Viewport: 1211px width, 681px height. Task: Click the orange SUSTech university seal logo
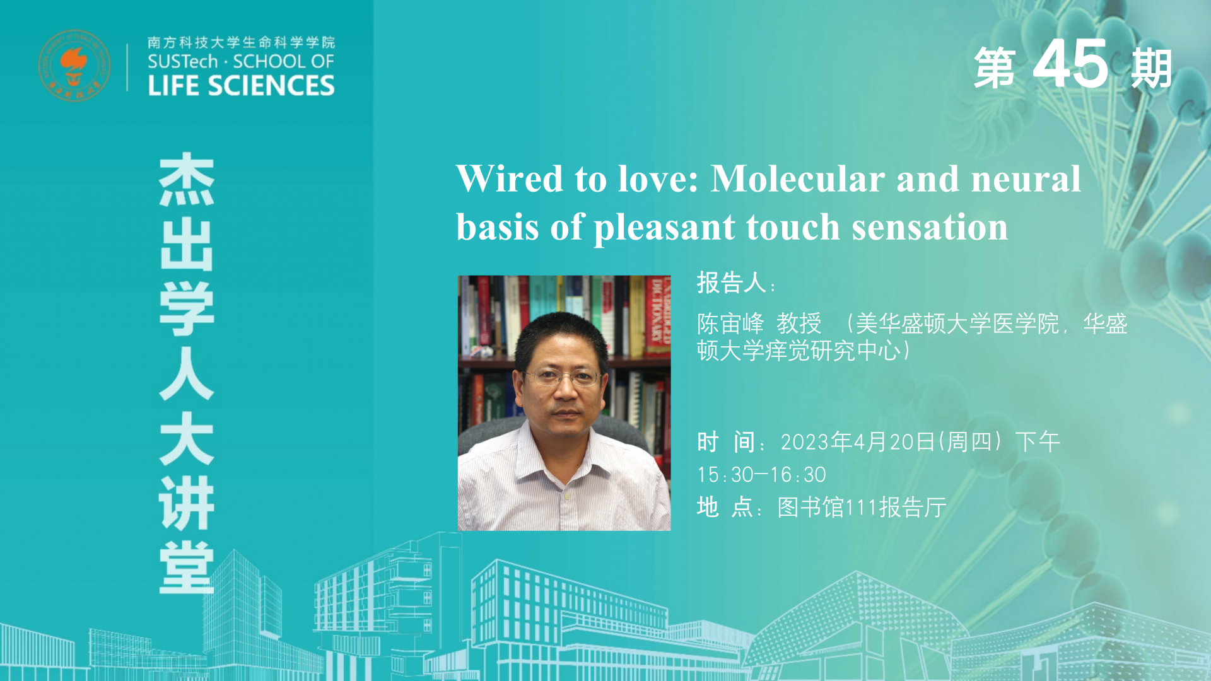coord(74,66)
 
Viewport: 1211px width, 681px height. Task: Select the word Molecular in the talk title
coord(798,178)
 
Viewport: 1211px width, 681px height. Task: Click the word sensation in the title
coord(930,227)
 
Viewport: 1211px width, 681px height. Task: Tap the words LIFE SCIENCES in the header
coord(241,86)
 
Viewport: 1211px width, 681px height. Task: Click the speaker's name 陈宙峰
coord(730,323)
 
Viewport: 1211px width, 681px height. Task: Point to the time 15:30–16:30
coord(761,474)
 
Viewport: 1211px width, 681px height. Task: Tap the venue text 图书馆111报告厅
coord(862,507)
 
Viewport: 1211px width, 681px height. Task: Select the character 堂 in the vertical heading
coord(187,567)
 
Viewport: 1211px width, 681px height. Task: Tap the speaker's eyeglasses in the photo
coord(561,377)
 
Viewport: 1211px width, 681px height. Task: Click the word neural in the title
coord(1026,178)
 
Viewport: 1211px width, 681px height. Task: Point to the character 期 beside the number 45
coord(1152,67)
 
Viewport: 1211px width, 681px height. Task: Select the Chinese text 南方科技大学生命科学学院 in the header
coord(241,42)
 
